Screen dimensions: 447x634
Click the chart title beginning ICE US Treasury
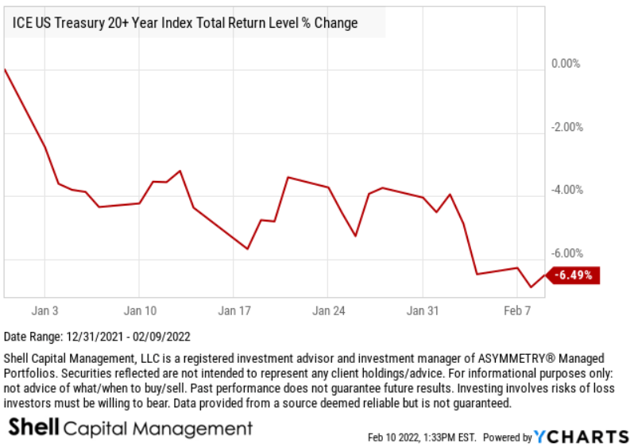coord(185,23)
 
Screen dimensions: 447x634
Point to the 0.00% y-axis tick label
coord(566,64)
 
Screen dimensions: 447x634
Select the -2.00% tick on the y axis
coord(567,127)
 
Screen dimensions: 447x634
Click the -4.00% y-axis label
coord(567,190)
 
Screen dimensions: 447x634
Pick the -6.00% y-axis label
coord(567,253)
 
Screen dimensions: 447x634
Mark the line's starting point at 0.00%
coord(5,69)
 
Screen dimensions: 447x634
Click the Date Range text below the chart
coord(98,337)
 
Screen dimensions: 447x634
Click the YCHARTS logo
coord(580,437)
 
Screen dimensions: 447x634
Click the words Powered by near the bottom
coord(508,437)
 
